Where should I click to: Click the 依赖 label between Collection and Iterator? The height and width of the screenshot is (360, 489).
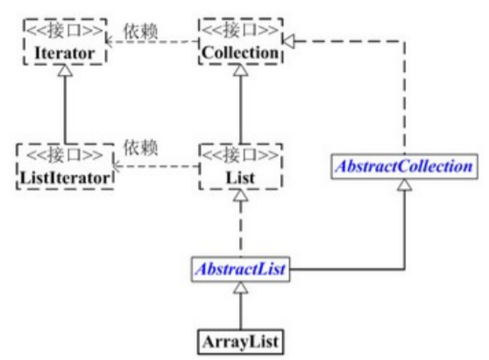point(140,32)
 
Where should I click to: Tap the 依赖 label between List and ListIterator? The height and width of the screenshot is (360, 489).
point(140,147)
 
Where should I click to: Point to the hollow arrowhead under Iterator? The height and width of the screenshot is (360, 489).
point(65,70)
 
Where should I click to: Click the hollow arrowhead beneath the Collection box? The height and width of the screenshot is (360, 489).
point(241,70)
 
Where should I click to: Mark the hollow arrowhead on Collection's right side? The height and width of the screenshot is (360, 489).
point(288,41)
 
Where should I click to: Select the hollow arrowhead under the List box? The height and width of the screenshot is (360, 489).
point(241,195)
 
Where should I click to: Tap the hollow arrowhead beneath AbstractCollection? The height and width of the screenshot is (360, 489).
point(405,185)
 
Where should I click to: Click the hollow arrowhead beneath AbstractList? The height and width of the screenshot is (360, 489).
point(241,287)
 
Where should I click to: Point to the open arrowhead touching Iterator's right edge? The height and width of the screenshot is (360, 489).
point(110,41)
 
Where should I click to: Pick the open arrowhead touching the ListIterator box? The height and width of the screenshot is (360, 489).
point(117,166)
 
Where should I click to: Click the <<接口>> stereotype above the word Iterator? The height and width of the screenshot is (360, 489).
point(65,31)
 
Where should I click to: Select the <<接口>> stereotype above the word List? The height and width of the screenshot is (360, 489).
point(240,155)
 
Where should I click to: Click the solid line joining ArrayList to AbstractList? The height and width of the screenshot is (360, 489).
point(240,311)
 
